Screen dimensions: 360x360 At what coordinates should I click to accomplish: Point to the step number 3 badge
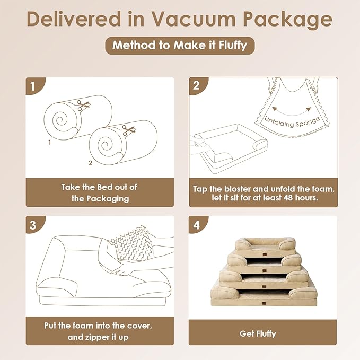(x=33, y=224)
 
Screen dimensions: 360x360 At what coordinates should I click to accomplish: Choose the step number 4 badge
(x=197, y=224)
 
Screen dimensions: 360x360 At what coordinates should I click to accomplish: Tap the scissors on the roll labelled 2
(x=126, y=129)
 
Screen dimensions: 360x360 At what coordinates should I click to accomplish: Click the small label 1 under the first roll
(x=49, y=143)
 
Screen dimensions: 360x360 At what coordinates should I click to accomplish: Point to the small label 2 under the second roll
(x=91, y=163)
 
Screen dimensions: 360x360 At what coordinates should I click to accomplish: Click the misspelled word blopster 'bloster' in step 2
(x=236, y=189)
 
